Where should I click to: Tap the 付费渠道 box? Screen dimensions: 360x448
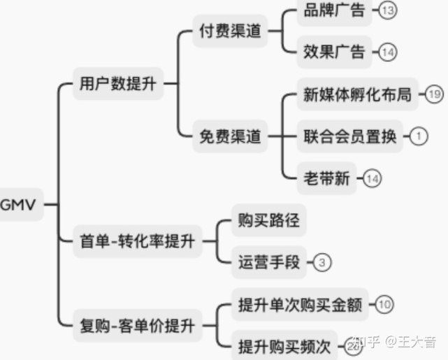click(230, 31)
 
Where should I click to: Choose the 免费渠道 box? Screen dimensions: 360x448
click(230, 136)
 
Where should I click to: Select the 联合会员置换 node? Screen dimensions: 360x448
click(350, 136)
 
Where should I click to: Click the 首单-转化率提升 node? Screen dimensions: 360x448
click(137, 242)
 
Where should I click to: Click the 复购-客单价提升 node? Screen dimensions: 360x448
click(137, 325)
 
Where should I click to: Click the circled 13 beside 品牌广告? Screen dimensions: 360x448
click(389, 10)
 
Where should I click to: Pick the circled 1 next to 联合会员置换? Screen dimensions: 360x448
click(418, 136)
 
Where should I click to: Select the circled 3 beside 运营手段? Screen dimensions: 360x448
click(321, 263)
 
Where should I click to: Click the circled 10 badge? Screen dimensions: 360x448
click(385, 305)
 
